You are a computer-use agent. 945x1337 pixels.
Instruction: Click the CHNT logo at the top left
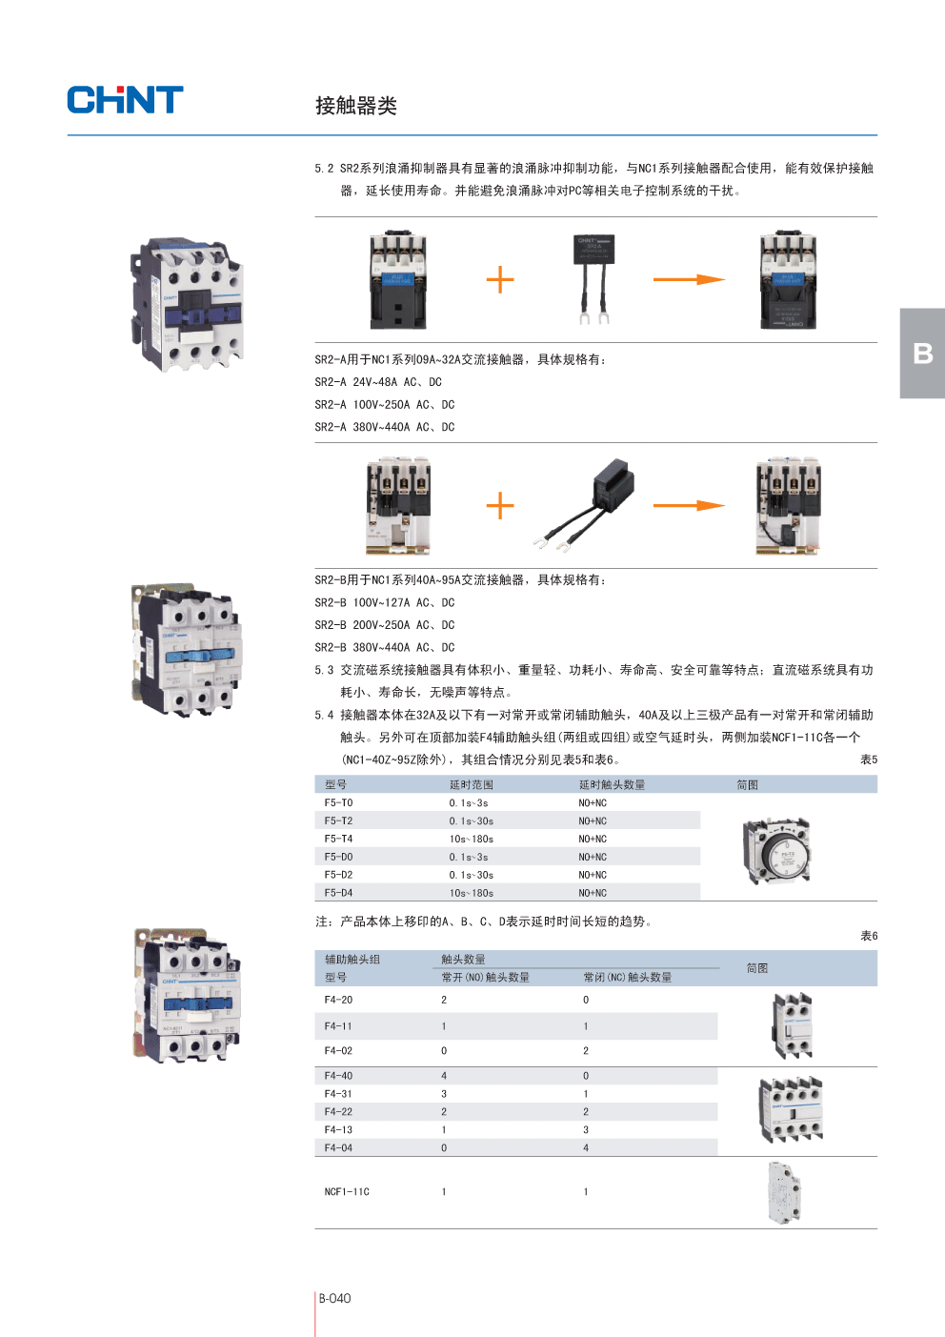click(125, 100)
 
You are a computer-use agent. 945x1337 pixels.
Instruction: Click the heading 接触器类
click(355, 106)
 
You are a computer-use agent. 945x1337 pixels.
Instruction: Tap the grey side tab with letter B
click(922, 354)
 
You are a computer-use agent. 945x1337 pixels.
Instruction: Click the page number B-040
click(334, 1298)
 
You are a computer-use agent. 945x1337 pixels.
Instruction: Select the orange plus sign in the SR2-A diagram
click(500, 280)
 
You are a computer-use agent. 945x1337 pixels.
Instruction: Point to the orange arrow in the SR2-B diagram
click(689, 505)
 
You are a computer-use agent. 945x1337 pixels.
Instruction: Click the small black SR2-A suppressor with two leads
click(593, 276)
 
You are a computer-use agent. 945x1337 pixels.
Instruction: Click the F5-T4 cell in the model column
click(338, 840)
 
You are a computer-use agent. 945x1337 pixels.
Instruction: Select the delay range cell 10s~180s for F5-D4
click(472, 894)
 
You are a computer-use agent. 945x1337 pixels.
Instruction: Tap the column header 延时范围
click(472, 785)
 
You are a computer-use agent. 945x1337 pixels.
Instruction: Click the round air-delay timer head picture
click(776, 850)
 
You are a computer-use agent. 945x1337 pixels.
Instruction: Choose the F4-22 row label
click(338, 1112)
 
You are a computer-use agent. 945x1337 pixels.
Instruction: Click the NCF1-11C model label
click(347, 1192)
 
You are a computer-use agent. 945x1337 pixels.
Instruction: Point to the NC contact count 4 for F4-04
click(586, 1148)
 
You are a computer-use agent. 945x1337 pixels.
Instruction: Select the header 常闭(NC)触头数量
click(628, 978)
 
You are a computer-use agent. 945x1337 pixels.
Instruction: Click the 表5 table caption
click(869, 760)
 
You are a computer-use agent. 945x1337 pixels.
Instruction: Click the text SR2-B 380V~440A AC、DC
click(385, 648)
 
